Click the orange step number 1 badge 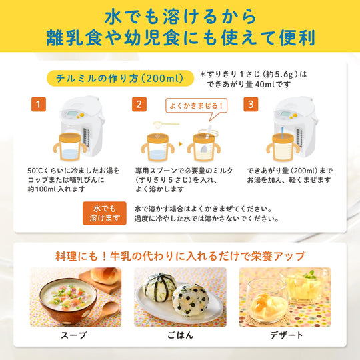coord(39,104)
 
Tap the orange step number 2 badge coord(139,104)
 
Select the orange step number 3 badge coord(251,104)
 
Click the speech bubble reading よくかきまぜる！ coord(197,106)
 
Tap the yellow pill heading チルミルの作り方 coord(120,78)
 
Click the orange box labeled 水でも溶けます coord(105,213)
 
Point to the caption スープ coord(73,335)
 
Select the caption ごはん coord(180,335)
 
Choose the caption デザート coord(286,335)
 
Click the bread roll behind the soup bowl coord(105,276)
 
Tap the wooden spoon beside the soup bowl coord(106,310)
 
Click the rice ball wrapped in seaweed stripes coord(159,287)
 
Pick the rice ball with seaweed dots coord(191,299)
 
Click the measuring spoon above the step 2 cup coord(166,124)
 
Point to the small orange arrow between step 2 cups coord(181,144)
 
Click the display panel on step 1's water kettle coord(73,113)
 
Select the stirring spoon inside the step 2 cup coord(206,139)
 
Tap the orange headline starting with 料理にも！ coord(180,256)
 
